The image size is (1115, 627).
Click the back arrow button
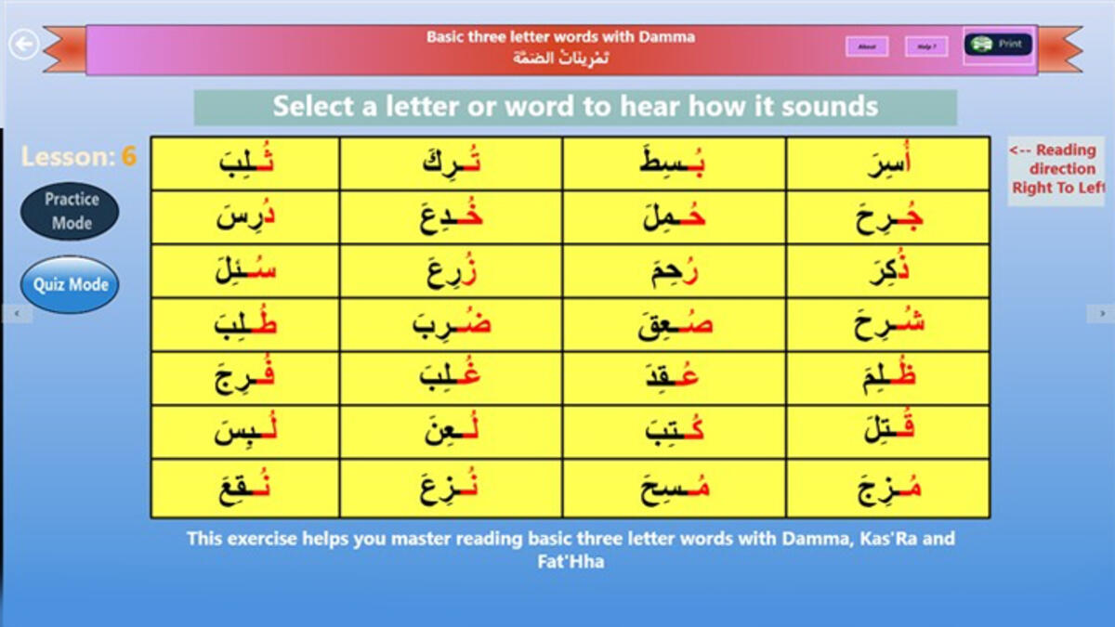(24, 44)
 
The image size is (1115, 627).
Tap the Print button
(998, 45)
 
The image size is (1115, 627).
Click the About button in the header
(867, 46)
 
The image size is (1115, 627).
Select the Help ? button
(926, 46)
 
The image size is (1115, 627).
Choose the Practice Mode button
(71, 211)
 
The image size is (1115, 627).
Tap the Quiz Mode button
(71, 284)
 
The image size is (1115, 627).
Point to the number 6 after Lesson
(128, 156)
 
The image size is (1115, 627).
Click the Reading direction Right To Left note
(1056, 169)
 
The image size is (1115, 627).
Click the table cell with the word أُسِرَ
(887, 163)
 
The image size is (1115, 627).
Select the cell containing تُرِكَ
(451, 163)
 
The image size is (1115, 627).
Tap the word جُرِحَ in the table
(887, 218)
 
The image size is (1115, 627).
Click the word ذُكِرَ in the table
(887, 272)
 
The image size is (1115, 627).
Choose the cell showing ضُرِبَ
(451, 325)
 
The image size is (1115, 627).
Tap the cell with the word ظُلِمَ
(887, 379)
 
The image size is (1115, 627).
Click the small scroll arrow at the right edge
(1102, 314)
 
